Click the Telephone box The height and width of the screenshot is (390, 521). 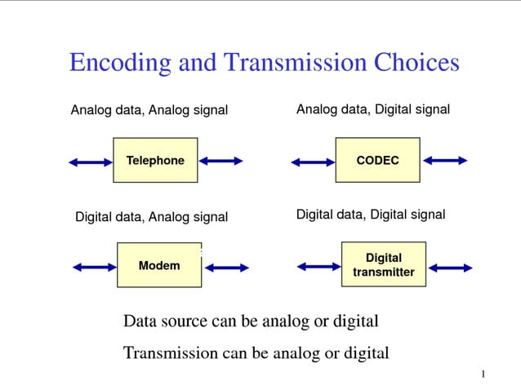tap(155, 160)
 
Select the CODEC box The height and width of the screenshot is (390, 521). tap(378, 160)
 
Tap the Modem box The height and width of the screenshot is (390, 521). tap(159, 265)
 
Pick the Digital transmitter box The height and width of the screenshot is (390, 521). tap(383, 264)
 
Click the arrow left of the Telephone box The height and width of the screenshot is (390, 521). tap(91, 162)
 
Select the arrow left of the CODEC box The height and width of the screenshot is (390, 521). tap(313, 162)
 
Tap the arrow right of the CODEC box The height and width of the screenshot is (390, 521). tap(445, 161)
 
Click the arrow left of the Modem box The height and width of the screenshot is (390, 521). tap(95, 267)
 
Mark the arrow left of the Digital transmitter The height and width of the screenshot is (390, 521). tap(318, 266)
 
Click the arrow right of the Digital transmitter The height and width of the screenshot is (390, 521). tap(451, 268)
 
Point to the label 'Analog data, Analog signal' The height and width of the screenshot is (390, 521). tap(149, 110)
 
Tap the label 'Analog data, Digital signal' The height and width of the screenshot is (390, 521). tap(372, 109)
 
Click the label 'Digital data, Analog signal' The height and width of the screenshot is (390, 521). tap(151, 217)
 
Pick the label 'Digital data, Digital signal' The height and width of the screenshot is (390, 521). tap(370, 215)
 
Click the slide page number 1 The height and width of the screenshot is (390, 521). tap(483, 374)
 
